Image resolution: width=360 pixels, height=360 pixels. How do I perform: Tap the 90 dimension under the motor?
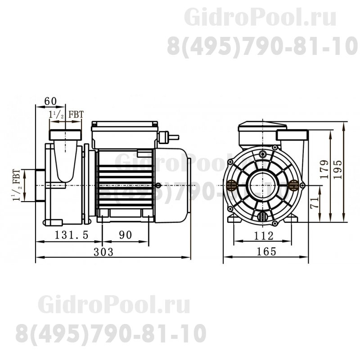pos(126,235)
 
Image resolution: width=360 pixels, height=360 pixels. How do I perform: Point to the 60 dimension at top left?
pos(50,102)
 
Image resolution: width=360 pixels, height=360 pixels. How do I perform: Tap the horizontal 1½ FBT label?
pos(66,115)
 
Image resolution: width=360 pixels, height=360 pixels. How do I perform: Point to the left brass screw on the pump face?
pos(232,184)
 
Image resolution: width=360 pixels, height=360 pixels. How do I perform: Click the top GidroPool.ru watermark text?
pos(261,18)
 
